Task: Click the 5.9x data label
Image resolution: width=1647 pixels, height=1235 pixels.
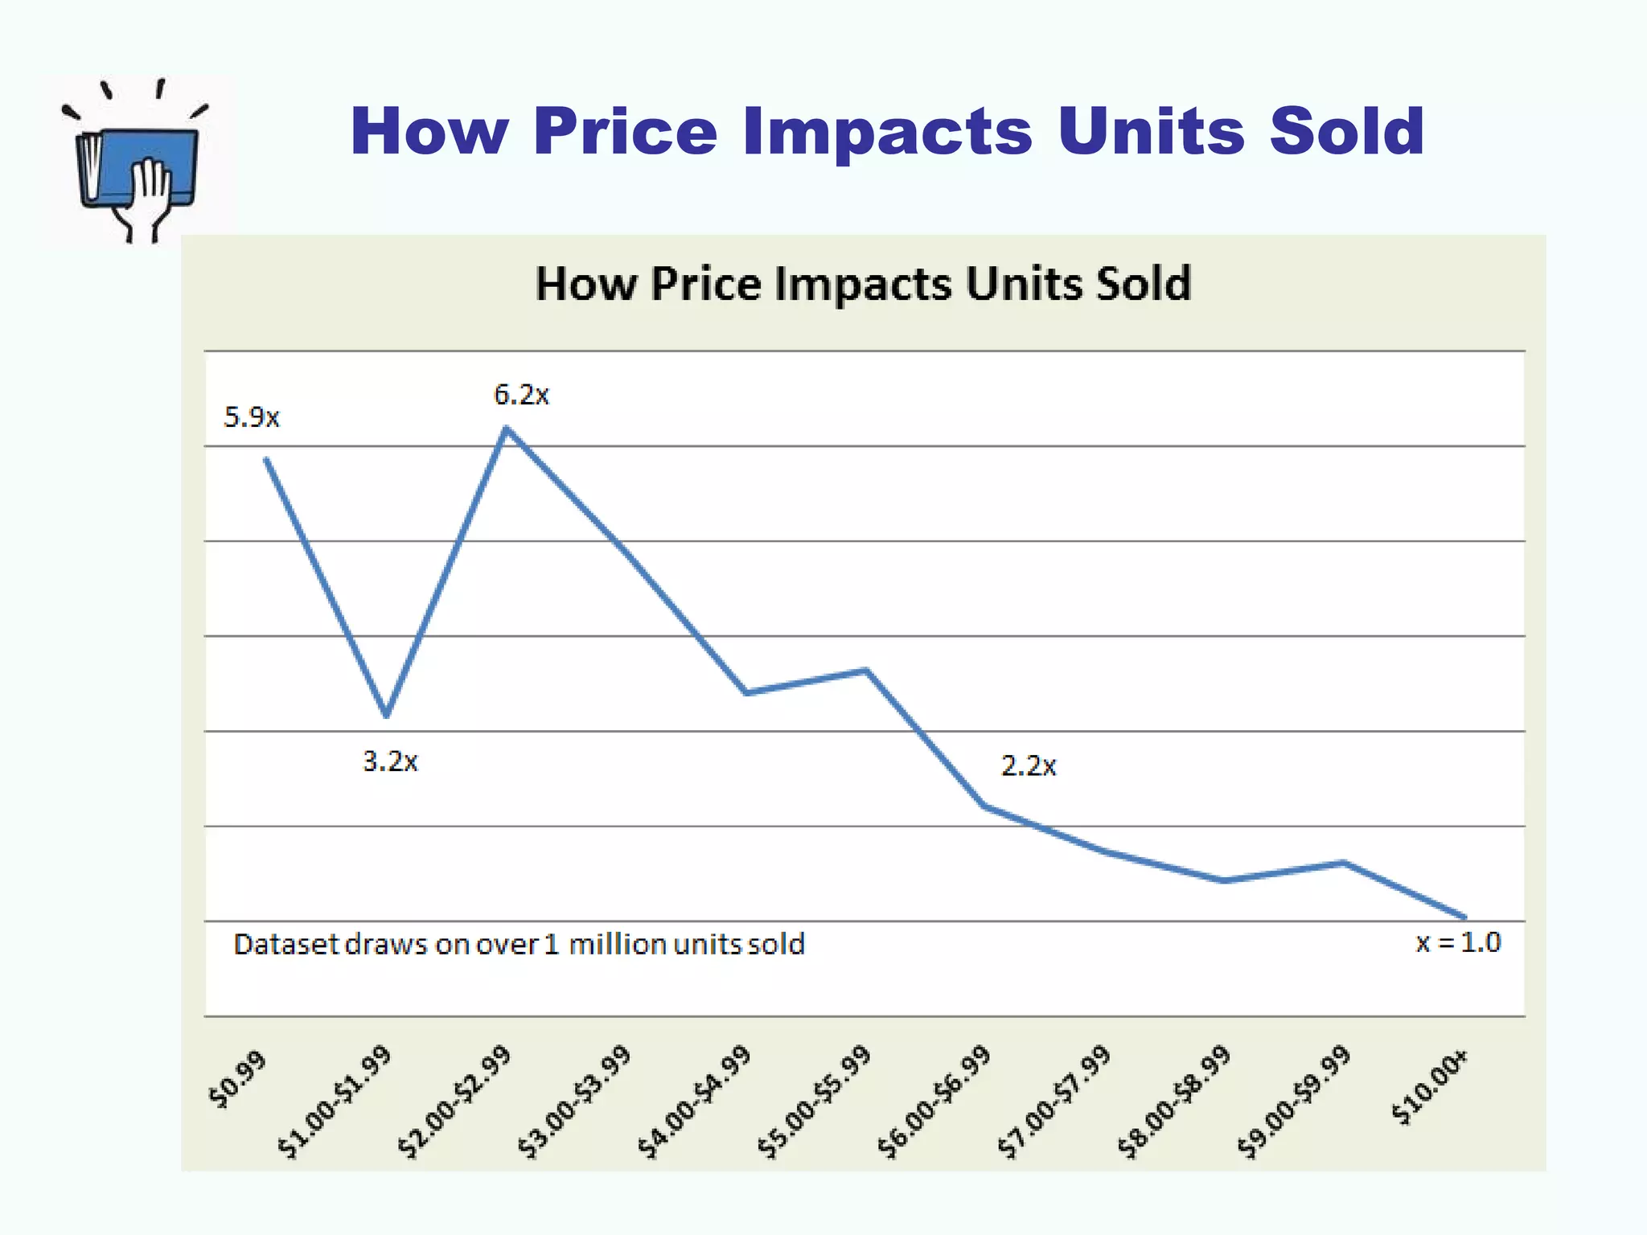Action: coord(251,417)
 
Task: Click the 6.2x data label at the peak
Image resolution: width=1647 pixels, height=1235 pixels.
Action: coord(521,395)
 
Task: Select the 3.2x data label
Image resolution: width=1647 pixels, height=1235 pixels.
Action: coord(390,761)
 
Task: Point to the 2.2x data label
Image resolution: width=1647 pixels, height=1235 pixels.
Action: coord(1028,765)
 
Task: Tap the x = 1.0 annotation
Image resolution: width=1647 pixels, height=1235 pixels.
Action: coord(1458,942)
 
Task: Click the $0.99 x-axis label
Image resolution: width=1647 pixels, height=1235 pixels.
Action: coord(237,1080)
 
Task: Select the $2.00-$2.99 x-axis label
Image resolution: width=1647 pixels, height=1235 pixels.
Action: coord(455,1102)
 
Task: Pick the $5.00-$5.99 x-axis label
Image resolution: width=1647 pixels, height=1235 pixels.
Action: coord(815,1102)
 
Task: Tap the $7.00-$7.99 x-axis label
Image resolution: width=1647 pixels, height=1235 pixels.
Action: coord(1054,1102)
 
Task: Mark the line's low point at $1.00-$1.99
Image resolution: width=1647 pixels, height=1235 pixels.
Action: coord(387,714)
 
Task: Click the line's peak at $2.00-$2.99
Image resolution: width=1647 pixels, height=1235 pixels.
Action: coord(507,429)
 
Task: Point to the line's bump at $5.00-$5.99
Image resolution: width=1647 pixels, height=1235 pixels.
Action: coord(866,670)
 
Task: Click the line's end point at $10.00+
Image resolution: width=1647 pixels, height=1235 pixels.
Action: coord(1464,917)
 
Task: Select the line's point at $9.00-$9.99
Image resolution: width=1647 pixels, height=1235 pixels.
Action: coord(1344,864)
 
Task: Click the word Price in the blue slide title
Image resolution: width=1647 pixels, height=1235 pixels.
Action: coord(624,130)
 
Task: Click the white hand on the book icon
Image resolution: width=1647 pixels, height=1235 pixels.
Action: coord(150,193)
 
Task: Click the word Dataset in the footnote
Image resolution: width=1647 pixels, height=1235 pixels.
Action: coord(285,944)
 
